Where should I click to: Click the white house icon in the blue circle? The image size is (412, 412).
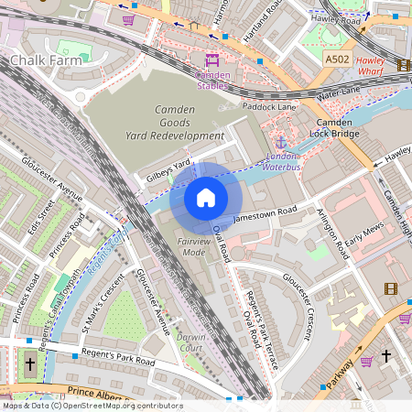(x=206, y=198)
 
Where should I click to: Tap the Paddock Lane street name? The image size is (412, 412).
(x=269, y=107)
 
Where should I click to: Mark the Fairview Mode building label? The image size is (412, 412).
(x=191, y=245)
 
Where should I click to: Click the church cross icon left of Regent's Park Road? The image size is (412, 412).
(x=29, y=363)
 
